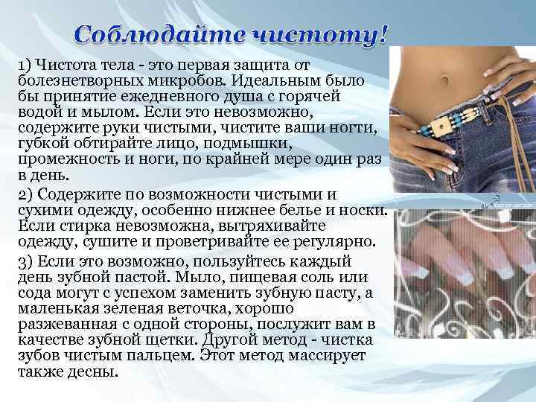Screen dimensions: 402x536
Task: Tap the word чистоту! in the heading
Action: coord(319,34)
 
